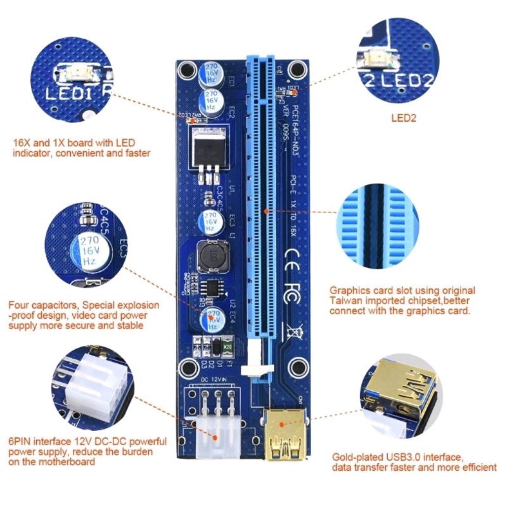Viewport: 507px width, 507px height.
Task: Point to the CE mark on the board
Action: click(294, 253)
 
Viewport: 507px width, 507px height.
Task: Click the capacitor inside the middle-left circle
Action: click(93, 250)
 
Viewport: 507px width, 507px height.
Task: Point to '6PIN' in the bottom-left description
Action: click(20, 441)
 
